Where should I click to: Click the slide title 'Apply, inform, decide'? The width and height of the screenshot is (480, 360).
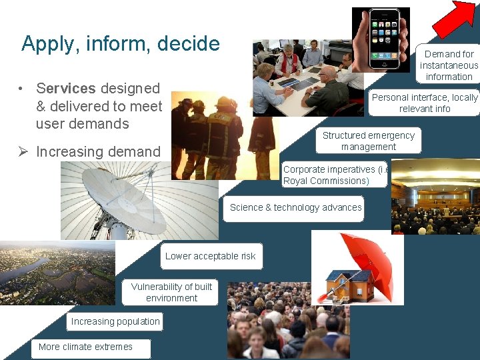tap(121, 44)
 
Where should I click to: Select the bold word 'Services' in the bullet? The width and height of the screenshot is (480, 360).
tap(65, 89)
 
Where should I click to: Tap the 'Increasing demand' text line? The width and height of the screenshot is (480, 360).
tap(98, 152)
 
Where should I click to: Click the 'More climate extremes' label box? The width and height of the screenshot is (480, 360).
tap(90, 347)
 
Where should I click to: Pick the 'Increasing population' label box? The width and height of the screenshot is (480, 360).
tap(115, 322)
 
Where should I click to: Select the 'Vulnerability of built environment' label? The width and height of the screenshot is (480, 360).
tap(171, 293)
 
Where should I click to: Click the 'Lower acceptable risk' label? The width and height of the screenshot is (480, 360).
tap(211, 257)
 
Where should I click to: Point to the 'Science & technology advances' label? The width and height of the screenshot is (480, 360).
tap(295, 208)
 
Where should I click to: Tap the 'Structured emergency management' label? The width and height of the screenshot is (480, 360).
tap(369, 141)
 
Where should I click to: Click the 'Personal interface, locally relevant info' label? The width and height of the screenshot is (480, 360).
tap(424, 103)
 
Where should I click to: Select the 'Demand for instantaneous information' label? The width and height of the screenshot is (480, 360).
tap(448, 65)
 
